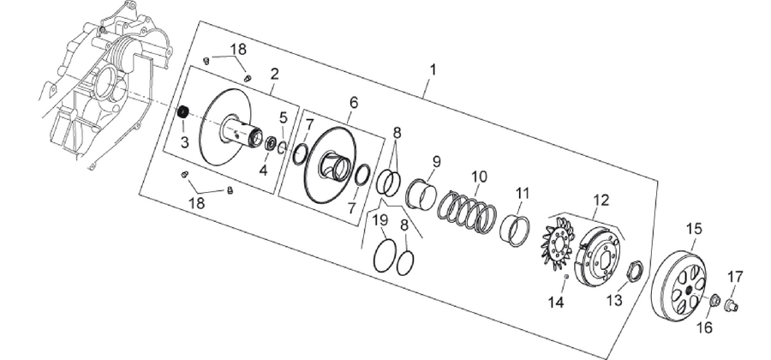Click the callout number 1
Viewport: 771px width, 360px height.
click(433, 70)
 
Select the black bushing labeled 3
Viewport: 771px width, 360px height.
click(183, 111)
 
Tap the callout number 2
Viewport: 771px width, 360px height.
click(274, 75)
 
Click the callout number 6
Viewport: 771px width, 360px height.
click(354, 103)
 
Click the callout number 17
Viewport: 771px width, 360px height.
click(736, 277)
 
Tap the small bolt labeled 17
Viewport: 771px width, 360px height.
click(732, 306)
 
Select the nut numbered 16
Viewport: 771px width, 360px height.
click(714, 299)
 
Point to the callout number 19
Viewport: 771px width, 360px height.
click(380, 220)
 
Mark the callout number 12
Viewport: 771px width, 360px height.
click(601, 200)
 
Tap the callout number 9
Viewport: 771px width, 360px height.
click(437, 161)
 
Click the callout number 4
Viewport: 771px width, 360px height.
click(263, 171)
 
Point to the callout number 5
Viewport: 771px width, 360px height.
click(283, 117)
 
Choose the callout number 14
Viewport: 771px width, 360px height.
click(557, 302)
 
